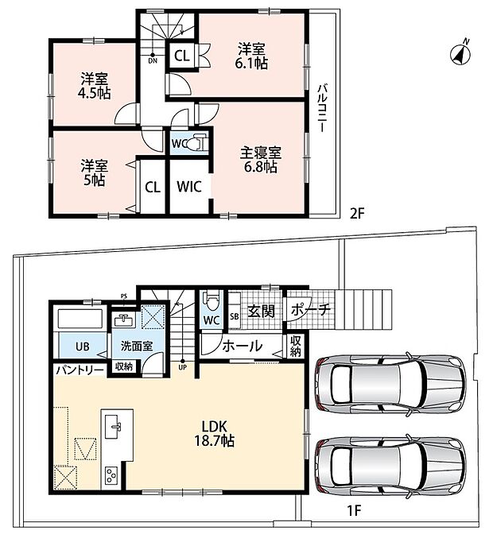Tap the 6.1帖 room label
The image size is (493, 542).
[251, 56]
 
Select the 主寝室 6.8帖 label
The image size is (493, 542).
[260, 160]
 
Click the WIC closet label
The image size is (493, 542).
[189, 187]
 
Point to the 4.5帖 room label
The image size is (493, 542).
[94, 87]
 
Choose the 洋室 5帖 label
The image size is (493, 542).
[95, 173]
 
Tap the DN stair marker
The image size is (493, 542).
[153, 59]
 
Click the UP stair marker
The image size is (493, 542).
[182, 366]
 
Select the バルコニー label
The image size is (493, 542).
[322, 108]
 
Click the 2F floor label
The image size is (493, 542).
[357, 214]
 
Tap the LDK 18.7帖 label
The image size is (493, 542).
[214, 434]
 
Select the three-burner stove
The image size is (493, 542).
[111, 475]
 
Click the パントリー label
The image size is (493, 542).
[80, 370]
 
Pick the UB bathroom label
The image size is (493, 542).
[83, 346]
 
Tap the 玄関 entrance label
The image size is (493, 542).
[262, 312]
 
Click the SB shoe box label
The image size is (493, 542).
[235, 316]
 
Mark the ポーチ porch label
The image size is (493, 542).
[311, 310]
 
